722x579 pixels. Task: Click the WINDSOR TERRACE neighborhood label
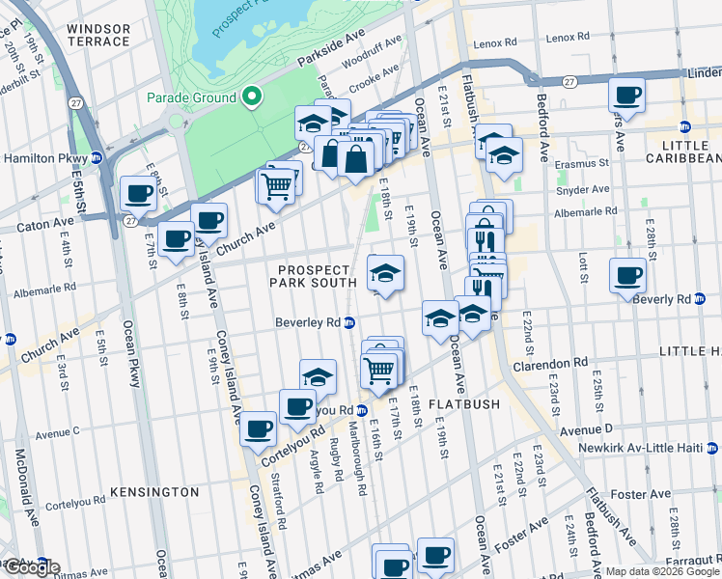(x=97, y=34)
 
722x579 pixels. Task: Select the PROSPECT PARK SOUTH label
(x=318, y=275)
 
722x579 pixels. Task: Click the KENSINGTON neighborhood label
(x=154, y=492)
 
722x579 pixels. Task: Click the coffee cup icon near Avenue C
(x=259, y=429)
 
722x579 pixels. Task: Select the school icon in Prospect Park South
(x=385, y=272)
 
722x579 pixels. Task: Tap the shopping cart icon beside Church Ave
(x=277, y=184)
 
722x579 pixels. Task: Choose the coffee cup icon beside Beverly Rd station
(x=628, y=276)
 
